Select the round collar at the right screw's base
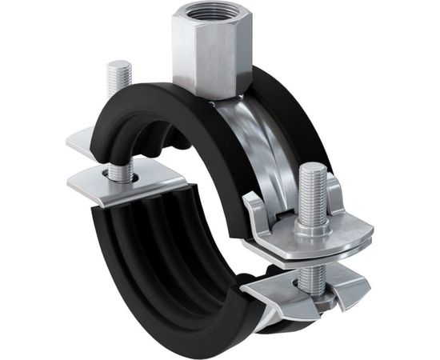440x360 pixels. coord(313,226)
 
